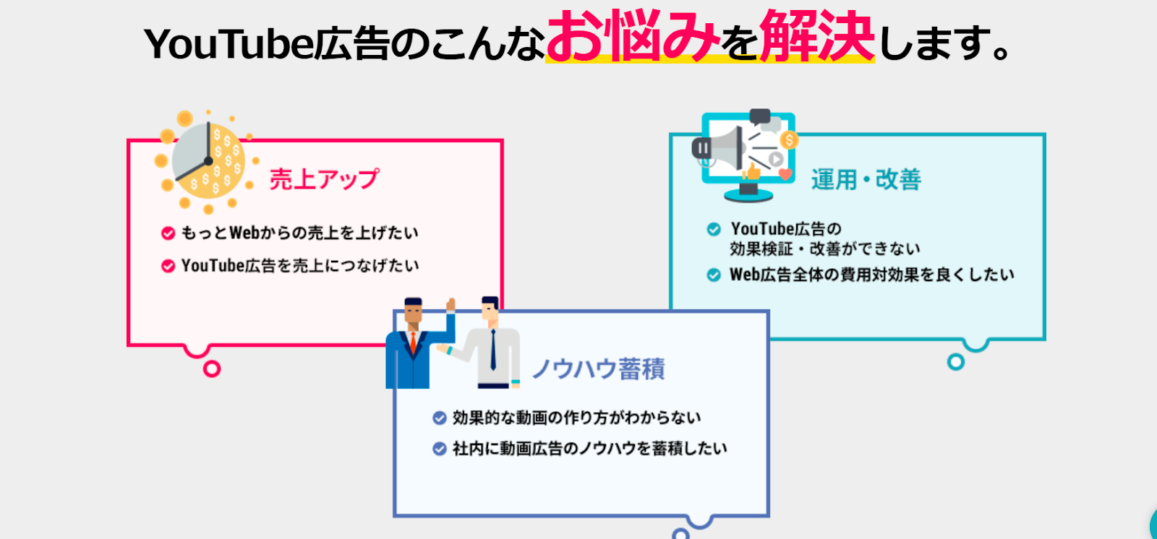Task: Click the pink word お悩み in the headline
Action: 633,35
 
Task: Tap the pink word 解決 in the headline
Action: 817,35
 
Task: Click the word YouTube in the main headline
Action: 229,44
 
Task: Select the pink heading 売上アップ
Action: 325,179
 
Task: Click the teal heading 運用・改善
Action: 866,180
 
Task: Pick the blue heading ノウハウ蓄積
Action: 599,368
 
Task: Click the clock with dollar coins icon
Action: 207,162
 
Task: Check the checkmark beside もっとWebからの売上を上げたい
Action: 168,233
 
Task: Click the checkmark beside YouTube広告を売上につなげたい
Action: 168,266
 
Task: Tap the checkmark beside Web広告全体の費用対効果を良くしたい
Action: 713,275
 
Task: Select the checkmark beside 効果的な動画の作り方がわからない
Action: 439,418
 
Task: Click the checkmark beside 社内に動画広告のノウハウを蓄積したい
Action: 439,449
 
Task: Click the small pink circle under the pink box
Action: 212,368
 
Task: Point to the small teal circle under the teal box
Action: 955,362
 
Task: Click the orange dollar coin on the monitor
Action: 789,140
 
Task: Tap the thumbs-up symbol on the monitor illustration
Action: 751,171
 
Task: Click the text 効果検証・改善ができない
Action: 825,249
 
